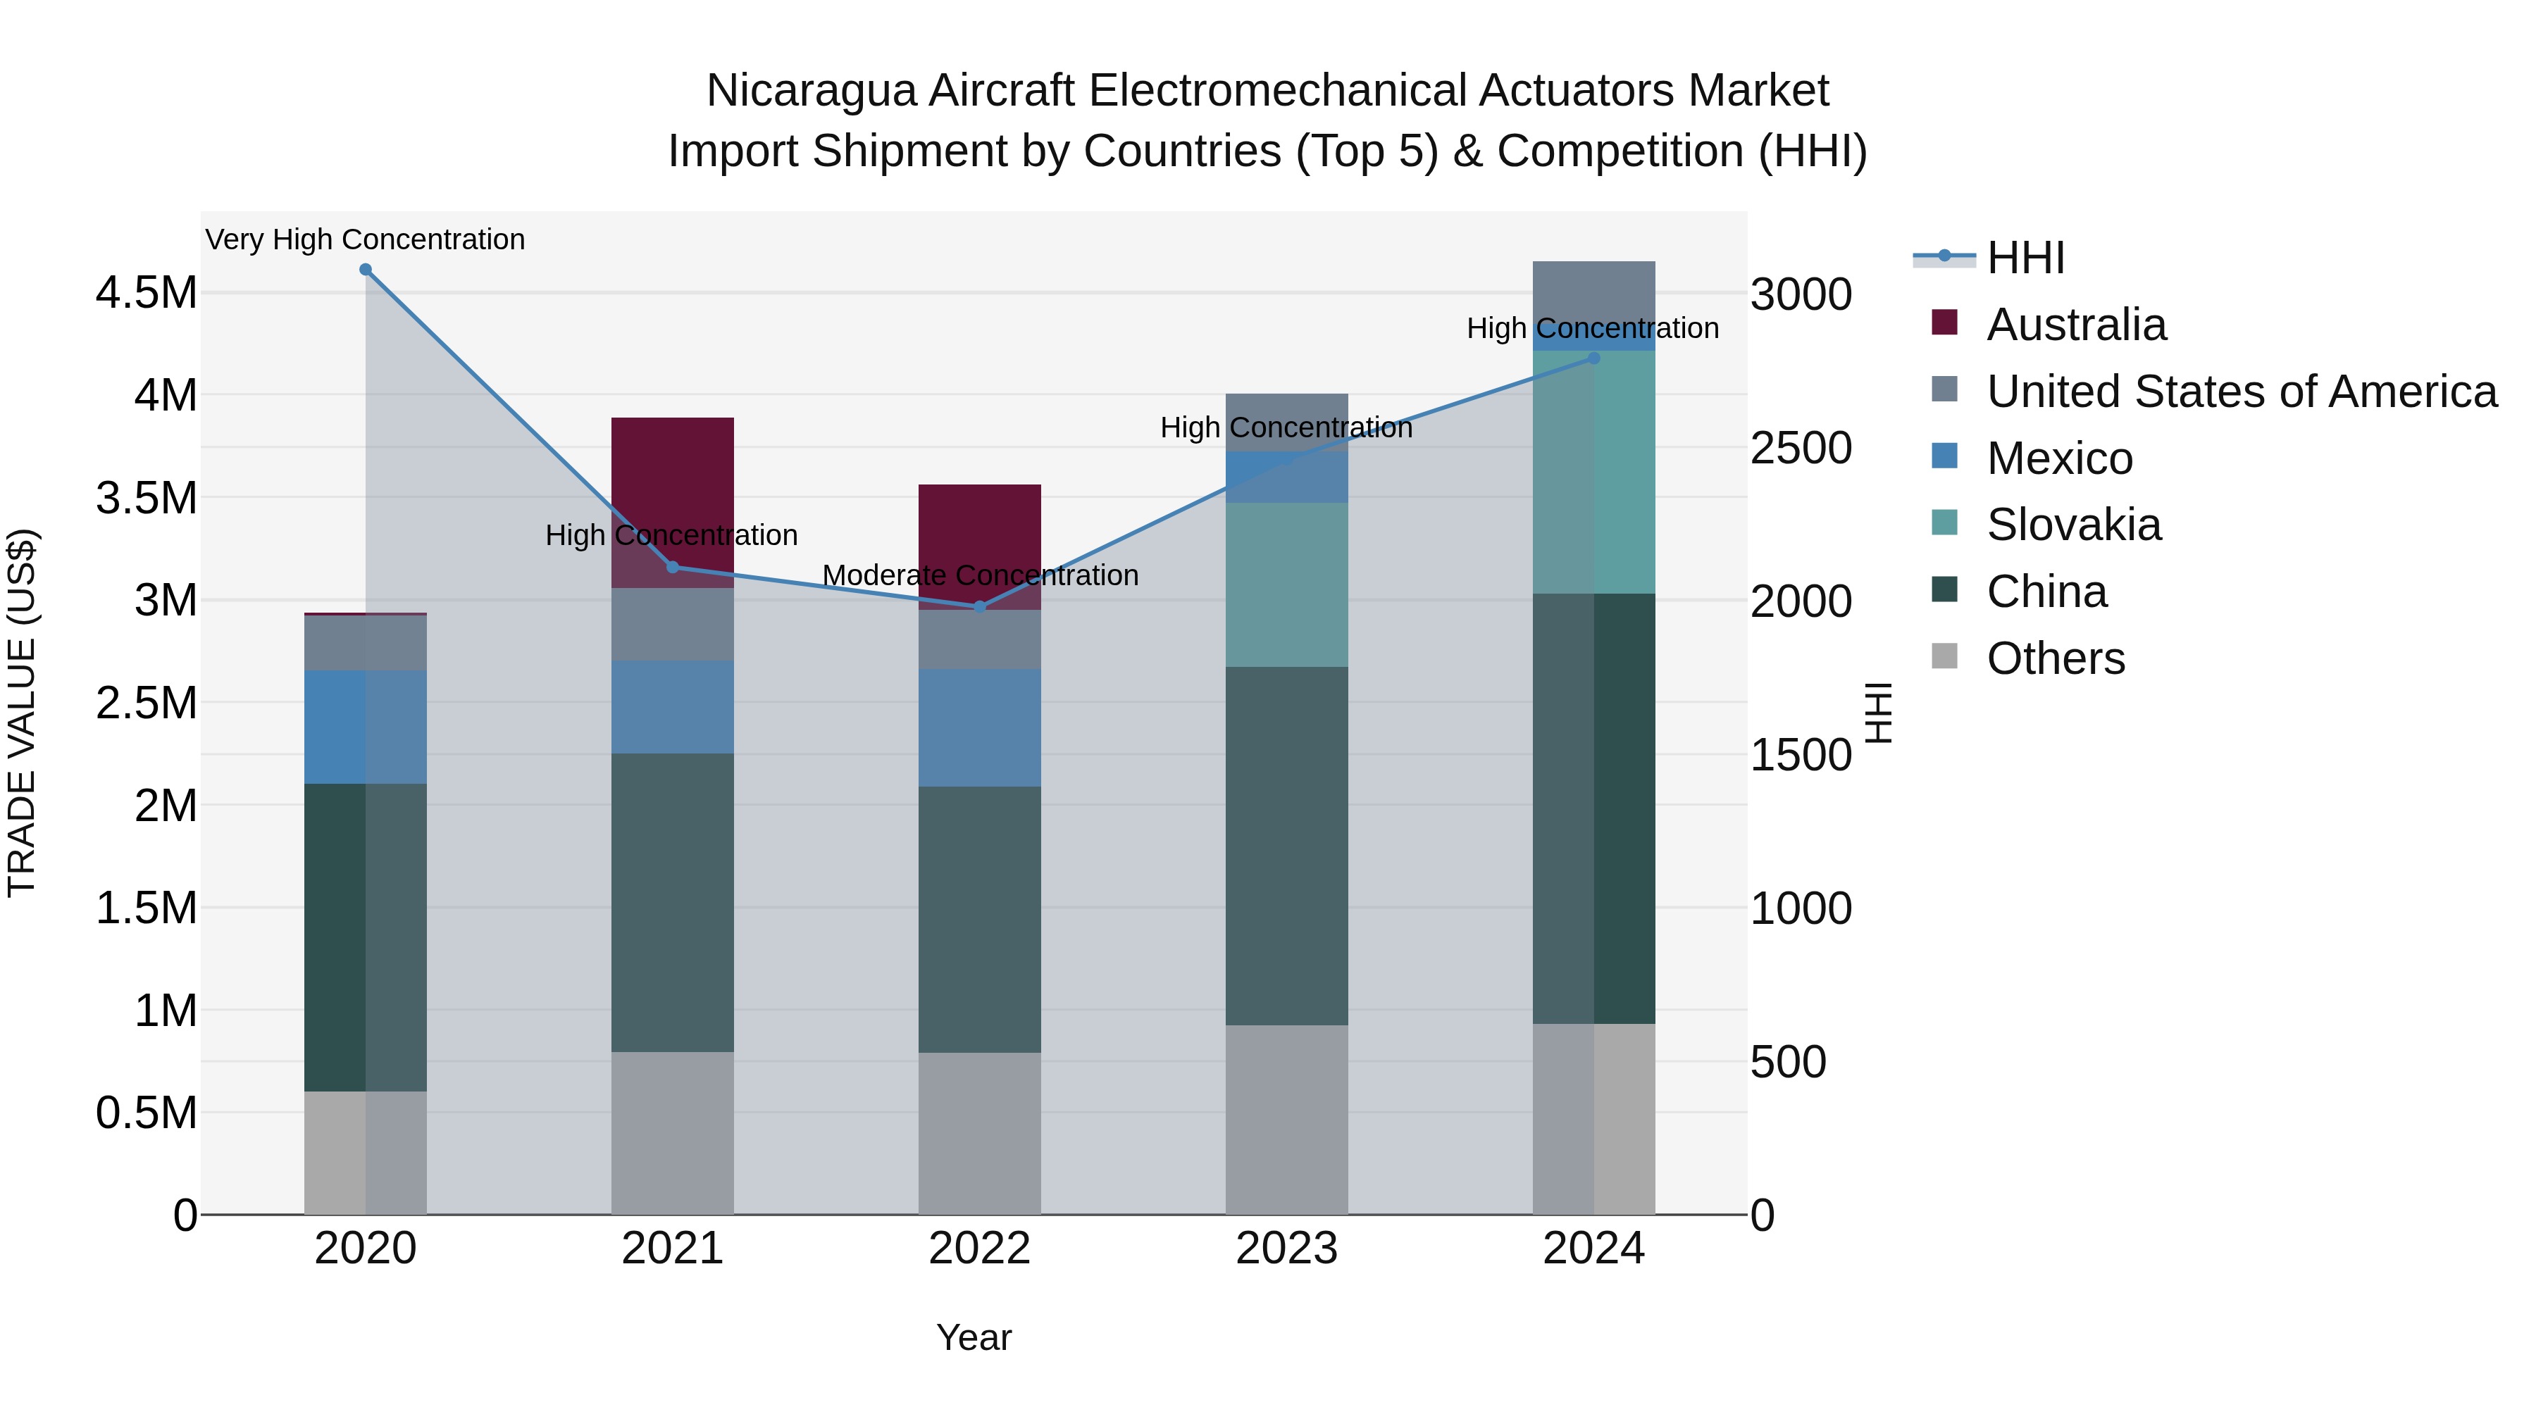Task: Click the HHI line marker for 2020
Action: pos(365,270)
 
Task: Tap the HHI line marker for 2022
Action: pos(980,607)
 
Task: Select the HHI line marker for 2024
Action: pos(1594,358)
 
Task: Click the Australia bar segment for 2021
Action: pos(673,492)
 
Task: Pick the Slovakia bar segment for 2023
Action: pos(1287,584)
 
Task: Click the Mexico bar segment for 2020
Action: pos(365,727)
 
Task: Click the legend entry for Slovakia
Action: pos(2073,525)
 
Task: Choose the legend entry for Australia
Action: pos(2075,325)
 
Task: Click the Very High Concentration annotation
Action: pos(365,239)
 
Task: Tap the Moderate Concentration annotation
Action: pos(980,575)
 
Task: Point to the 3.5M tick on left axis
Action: pos(146,498)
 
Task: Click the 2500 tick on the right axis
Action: pos(1801,449)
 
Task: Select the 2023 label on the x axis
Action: pos(1287,1249)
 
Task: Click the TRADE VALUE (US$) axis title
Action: pos(22,713)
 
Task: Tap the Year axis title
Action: pos(974,1337)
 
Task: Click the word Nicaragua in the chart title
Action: pos(810,91)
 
